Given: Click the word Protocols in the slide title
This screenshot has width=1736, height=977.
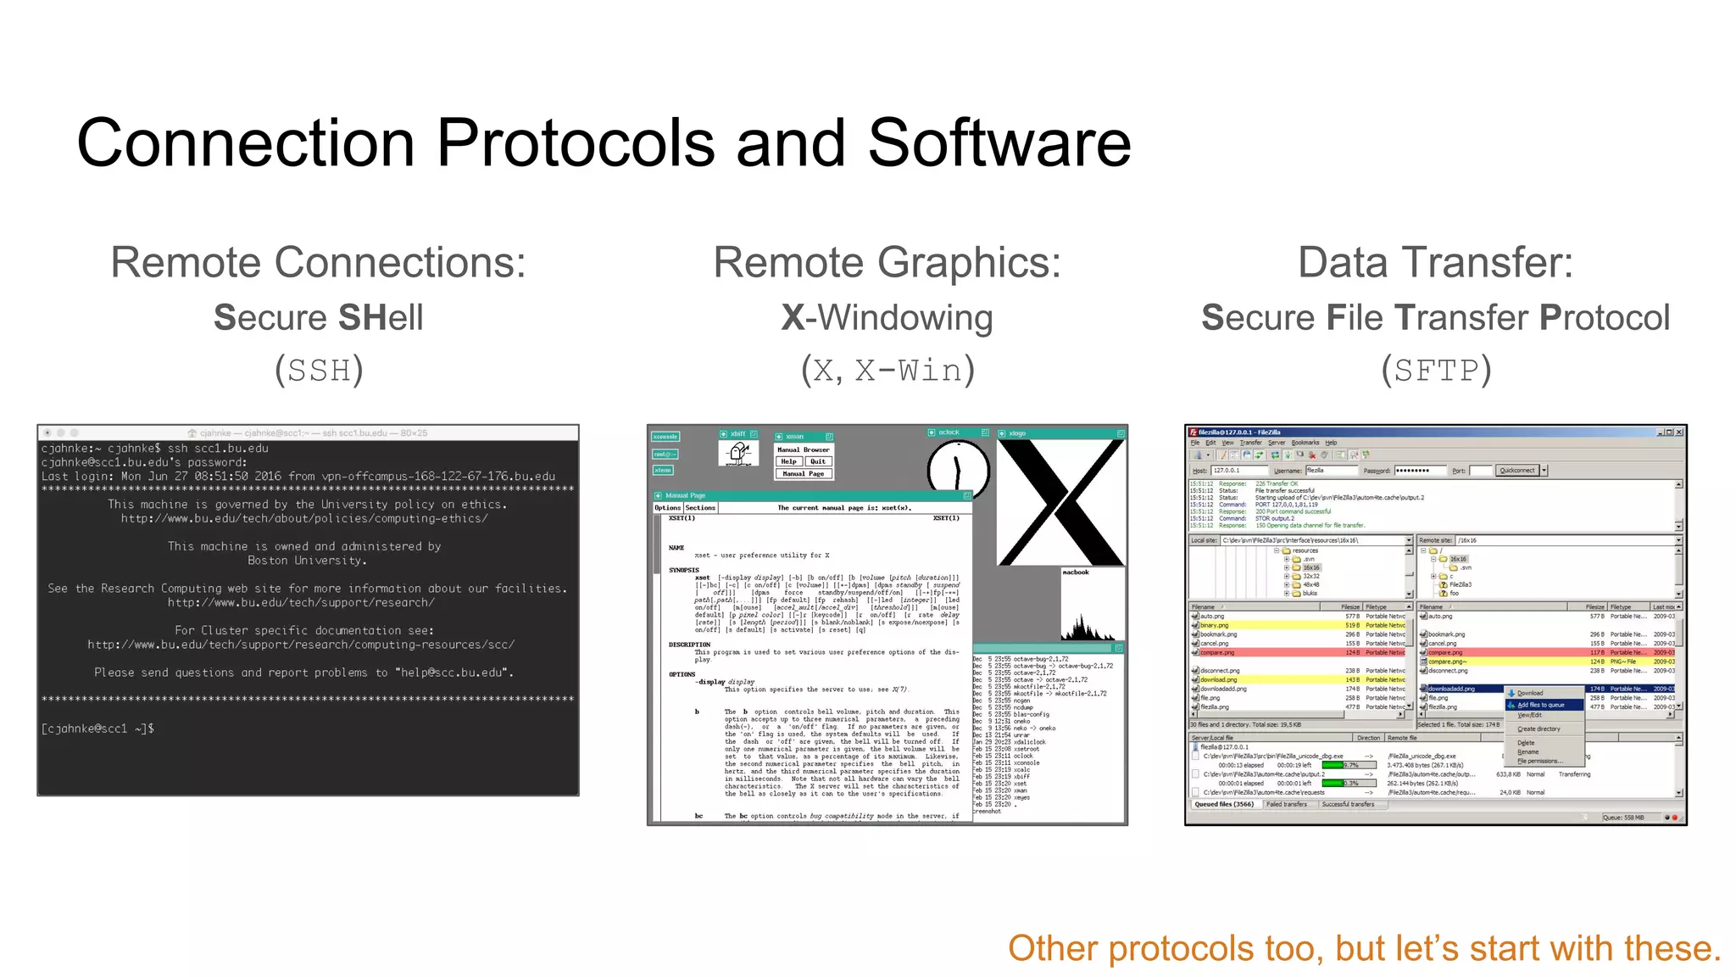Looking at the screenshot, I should pos(576,142).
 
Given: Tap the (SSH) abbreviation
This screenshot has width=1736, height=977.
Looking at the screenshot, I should pos(319,371).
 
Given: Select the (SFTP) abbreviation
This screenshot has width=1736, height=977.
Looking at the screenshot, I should pos(1435,371).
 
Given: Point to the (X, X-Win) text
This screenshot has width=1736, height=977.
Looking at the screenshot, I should pos(887,371).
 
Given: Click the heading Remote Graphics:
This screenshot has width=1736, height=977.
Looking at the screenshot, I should pos(887,262).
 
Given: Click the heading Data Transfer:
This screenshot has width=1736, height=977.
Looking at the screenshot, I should pos(1435,262).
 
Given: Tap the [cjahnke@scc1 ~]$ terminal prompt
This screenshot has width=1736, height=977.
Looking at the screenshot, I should pos(97,729).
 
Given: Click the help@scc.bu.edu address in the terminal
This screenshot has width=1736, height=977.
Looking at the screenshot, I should pos(450,673).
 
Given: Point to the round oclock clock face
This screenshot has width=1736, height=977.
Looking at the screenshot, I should pos(958,469).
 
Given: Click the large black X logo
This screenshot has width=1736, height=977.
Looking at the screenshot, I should pos(1060,502).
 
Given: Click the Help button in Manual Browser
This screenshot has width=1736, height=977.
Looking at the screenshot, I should pos(789,461).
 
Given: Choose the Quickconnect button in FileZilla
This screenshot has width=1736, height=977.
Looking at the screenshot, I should pos(1516,470).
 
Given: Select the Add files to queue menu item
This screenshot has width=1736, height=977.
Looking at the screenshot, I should pos(1540,705).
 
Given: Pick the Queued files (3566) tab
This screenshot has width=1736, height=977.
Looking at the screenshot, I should pos(1223,804).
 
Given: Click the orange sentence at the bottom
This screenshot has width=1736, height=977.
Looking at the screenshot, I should pos(1364,948).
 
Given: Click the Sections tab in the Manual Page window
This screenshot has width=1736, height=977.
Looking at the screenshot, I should pos(700,507).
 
